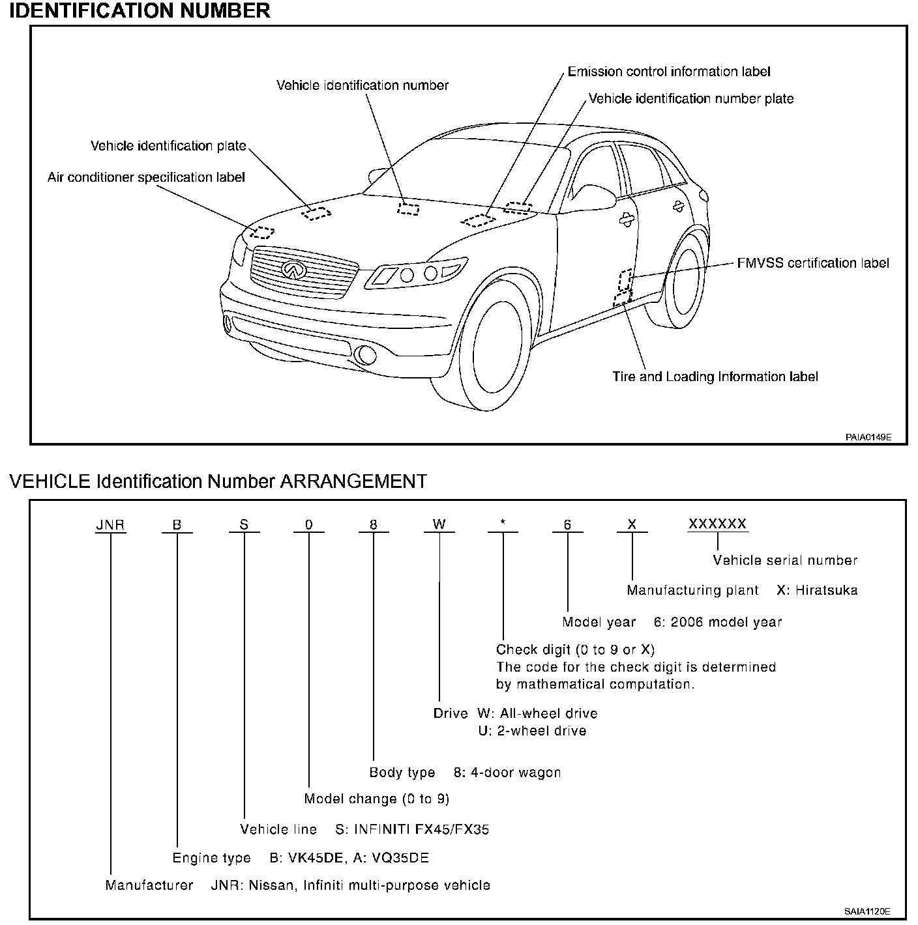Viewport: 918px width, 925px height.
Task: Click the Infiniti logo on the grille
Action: [293, 269]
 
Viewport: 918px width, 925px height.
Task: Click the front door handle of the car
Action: [627, 220]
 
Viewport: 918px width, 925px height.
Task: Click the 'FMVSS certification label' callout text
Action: [812, 263]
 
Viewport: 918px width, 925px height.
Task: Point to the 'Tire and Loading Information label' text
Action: [715, 377]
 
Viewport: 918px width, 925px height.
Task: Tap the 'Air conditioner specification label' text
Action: [146, 177]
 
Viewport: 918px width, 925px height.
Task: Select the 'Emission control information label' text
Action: [669, 72]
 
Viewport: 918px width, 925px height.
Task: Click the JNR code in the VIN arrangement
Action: [110, 525]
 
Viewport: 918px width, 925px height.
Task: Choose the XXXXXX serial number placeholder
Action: [717, 524]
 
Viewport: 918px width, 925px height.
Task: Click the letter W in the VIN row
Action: [439, 525]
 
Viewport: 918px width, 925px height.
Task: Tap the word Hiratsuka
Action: [825, 590]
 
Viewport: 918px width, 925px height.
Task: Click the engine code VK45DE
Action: [316, 858]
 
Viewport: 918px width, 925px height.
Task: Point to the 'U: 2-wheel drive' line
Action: [532, 731]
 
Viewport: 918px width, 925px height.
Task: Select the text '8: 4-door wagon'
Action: [507, 773]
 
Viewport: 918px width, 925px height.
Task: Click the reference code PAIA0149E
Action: [868, 437]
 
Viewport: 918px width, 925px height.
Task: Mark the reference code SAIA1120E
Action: [868, 911]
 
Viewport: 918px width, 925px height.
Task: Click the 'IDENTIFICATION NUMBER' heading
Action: [140, 11]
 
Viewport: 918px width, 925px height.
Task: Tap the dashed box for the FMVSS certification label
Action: [625, 279]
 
